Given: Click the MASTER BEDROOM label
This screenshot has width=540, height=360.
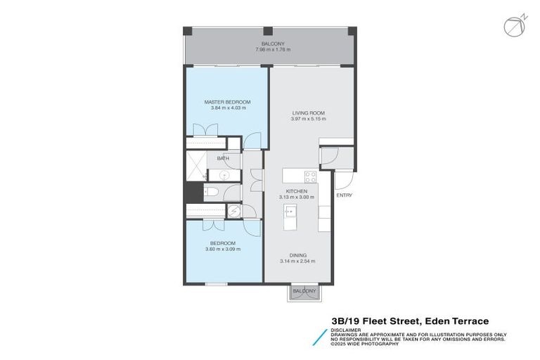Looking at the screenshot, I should [227, 103].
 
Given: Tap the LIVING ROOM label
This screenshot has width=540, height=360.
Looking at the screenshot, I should [309, 113].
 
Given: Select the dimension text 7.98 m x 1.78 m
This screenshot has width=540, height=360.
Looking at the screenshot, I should [271, 50].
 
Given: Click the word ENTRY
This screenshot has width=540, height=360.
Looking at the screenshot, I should [345, 195].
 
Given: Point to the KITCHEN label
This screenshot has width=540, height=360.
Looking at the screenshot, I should [296, 191].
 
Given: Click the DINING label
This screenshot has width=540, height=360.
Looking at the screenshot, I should [297, 255].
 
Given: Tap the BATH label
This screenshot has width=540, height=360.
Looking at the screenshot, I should [223, 159].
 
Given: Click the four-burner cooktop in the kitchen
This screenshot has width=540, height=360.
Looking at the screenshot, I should [310, 175].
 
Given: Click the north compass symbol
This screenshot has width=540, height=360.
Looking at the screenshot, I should [513, 26].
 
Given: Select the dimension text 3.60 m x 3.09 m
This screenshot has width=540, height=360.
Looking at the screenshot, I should [222, 249].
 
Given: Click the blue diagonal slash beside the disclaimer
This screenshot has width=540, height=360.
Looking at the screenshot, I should [320, 336].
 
